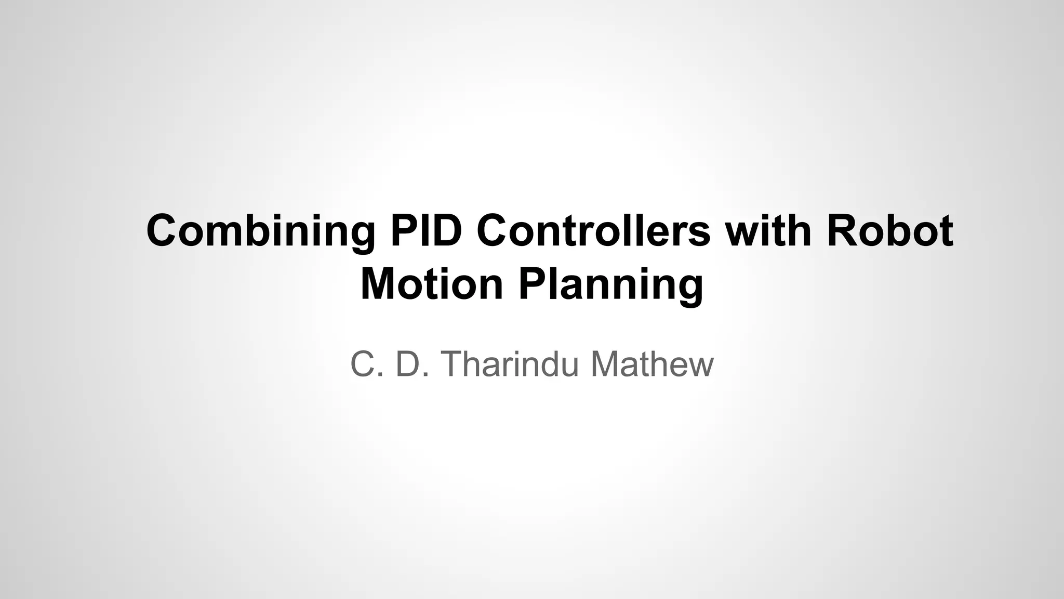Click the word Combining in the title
click(x=260, y=231)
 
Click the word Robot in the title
click(x=889, y=231)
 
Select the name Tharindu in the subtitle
click(x=510, y=364)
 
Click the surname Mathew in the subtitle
click(x=652, y=364)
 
